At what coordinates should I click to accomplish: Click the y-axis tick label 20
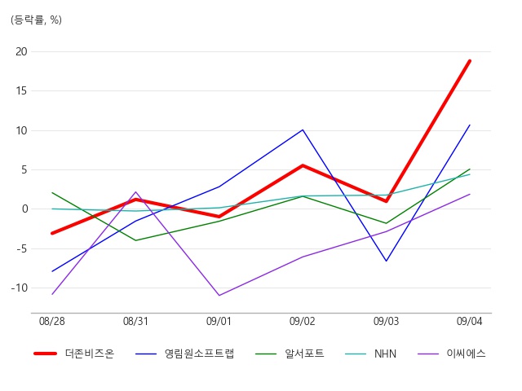coord(21,52)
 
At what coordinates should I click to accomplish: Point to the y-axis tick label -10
coord(20,288)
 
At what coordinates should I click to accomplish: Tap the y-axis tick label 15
coord(21,90)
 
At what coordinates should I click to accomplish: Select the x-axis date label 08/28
coord(52,321)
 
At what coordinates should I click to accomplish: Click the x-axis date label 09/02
coord(303,321)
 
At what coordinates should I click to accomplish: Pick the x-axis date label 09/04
coord(470,321)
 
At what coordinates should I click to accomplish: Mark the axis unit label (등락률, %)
coord(36,20)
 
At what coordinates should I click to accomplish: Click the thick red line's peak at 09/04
coord(470,61)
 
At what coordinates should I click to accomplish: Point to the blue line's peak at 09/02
coord(303,130)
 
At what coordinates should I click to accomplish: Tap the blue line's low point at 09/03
coord(386,261)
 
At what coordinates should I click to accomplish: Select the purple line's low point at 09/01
coord(219,295)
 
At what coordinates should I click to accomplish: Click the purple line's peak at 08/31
coord(136,192)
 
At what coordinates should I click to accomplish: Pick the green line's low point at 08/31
coord(136,240)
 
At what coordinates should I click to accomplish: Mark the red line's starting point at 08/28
coord(52,234)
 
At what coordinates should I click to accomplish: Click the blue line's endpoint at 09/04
coord(470,125)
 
